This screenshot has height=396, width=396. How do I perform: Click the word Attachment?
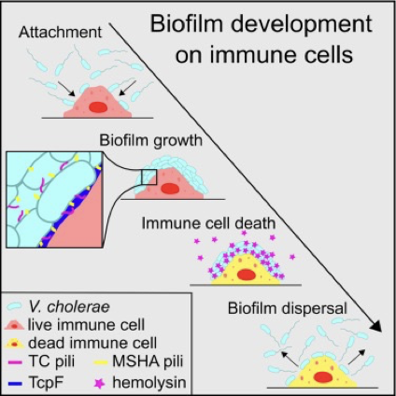point(60,32)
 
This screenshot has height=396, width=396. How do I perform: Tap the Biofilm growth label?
point(150,141)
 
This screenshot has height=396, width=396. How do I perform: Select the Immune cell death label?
point(208,223)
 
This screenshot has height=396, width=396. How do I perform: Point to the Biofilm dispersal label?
point(288,308)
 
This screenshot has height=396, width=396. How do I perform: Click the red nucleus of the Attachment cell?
point(98,107)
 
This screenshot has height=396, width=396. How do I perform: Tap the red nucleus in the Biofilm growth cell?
point(170,189)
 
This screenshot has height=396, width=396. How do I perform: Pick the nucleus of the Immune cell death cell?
point(247,275)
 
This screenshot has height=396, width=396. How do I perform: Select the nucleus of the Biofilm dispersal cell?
point(323,377)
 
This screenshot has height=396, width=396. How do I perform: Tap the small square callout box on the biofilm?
point(149,177)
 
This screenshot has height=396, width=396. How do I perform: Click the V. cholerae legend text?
point(69,307)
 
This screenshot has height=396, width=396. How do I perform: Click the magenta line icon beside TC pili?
point(14,362)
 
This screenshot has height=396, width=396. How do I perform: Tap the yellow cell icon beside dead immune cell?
point(15,344)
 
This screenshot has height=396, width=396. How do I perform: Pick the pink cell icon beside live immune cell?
point(15,325)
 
